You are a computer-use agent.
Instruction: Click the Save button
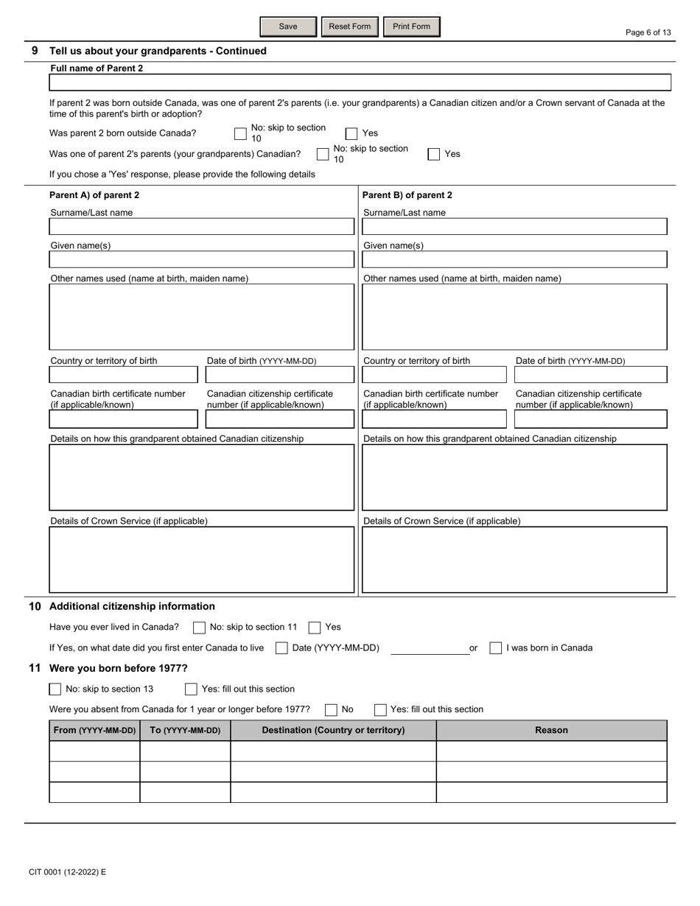pyautogui.click(x=288, y=27)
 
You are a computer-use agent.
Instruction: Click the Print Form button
pyautogui.click(x=411, y=27)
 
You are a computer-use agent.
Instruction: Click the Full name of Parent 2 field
pyautogui.click(x=360, y=82)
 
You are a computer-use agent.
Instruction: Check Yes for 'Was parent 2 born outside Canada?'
pyautogui.click(x=351, y=134)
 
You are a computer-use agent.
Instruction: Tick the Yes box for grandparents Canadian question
pyautogui.click(x=434, y=154)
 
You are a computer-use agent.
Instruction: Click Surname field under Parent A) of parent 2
pyautogui.click(x=201, y=226)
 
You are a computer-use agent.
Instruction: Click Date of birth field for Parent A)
pyautogui.click(x=279, y=375)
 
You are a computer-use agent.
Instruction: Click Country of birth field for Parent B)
pyautogui.click(x=435, y=375)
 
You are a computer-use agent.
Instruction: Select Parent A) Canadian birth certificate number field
pyautogui.click(x=124, y=419)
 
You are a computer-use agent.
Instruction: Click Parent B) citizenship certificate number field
pyautogui.click(x=590, y=419)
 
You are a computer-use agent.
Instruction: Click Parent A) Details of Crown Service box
pyautogui.click(x=201, y=559)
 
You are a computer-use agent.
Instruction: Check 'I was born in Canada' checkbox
pyautogui.click(x=496, y=648)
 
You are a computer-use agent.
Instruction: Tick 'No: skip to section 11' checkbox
pyautogui.click(x=199, y=628)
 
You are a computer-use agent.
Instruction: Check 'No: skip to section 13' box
pyautogui.click(x=55, y=689)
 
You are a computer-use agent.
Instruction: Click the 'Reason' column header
pyautogui.click(x=551, y=730)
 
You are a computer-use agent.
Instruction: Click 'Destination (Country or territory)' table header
pyautogui.click(x=333, y=730)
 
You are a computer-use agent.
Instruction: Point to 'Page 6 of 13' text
pyautogui.click(x=648, y=32)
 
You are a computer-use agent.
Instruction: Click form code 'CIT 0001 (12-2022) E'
pyautogui.click(x=68, y=872)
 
